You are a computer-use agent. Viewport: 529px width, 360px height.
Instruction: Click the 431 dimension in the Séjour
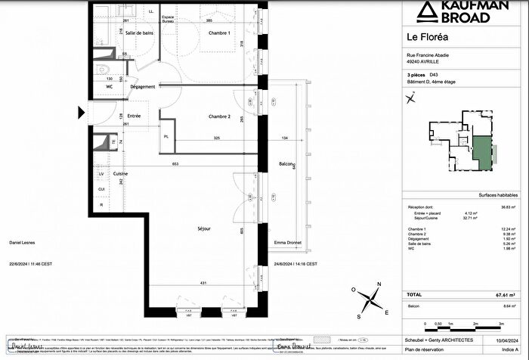pos(202,282)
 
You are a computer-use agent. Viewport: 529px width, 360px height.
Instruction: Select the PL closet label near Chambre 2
pos(166,136)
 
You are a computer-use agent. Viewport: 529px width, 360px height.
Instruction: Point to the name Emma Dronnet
pos(288,243)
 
